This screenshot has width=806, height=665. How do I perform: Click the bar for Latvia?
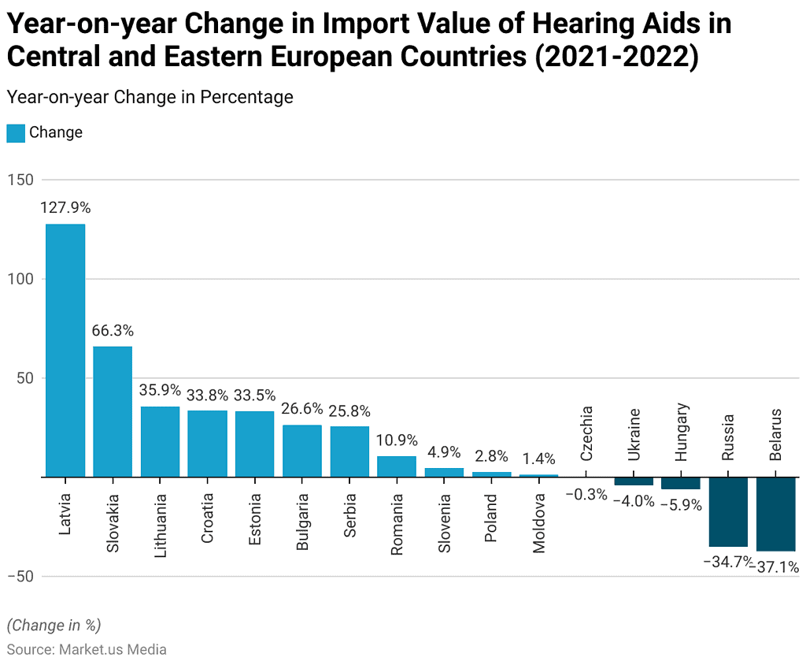(65, 351)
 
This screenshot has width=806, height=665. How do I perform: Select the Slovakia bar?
(113, 412)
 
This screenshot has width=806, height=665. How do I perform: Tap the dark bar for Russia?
(728, 511)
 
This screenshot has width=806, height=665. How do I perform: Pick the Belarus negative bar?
(775, 515)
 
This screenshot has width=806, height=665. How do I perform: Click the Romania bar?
(397, 466)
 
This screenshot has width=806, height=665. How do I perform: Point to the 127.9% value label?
(65, 207)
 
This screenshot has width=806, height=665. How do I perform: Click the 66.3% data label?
(113, 330)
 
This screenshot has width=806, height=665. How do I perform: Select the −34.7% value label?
(727, 562)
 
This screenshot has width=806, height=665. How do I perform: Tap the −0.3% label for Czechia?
(586, 494)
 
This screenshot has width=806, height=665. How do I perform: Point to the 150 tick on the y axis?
(20, 180)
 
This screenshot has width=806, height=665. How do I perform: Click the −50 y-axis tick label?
(20, 576)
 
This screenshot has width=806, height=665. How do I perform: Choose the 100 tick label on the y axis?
(20, 279)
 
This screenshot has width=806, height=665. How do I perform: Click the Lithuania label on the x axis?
(161, 526)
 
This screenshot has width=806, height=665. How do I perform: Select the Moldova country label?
(538, 523)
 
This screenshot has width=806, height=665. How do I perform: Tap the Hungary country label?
(681, 432)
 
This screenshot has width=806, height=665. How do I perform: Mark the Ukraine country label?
(634, 434)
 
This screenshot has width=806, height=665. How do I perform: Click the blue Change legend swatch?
(16, 133)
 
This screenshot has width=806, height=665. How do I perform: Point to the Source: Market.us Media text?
(87, 649)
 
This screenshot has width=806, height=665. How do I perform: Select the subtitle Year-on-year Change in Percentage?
(150, 97)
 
